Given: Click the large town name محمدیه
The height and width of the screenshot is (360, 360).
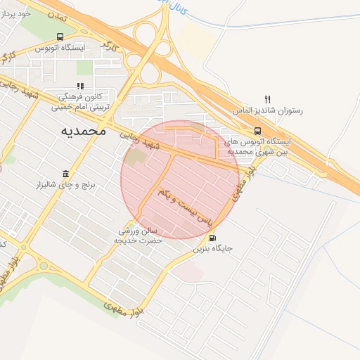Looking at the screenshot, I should coord(83,130).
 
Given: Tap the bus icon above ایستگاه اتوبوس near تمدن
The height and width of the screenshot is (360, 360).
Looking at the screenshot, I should coord(59,37).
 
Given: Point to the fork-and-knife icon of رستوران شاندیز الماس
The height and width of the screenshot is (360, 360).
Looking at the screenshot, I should coord(266,99).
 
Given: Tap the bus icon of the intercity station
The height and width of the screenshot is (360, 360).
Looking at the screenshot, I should coord(257,130).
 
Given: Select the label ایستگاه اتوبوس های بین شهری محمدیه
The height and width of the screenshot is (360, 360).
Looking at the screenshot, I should coord(257,146).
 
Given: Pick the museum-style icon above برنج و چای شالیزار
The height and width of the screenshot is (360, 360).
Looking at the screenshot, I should coord(66,174).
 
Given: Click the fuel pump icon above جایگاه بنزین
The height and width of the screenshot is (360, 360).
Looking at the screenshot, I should coord(213,237).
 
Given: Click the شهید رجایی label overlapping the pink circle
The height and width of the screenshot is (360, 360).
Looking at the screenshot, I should coord(148,141).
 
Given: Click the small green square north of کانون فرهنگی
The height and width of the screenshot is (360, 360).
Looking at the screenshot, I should coord(85,67).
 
